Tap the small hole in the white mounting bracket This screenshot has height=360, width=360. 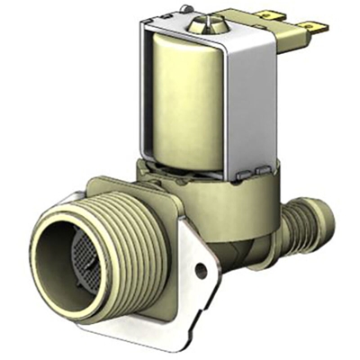(x=200, y=269)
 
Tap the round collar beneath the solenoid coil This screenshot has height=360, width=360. (x=207, y=180)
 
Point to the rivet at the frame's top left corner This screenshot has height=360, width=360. (x=185, y=12)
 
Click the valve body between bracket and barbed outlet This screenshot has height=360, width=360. (x=252, y=225)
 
